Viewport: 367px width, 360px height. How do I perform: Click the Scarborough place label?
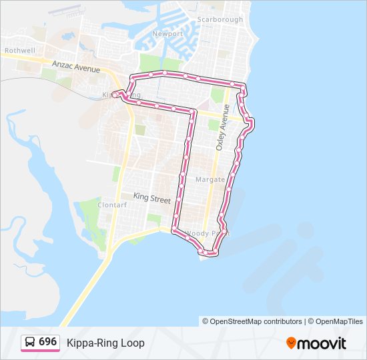click(220, 19)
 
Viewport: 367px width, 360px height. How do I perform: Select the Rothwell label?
click(20, 50)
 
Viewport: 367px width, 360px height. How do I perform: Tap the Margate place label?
click(210, 179)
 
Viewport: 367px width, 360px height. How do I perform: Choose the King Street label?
click(152, 197)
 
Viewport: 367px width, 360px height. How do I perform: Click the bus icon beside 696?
click(30, 342)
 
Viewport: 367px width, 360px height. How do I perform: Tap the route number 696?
click(47, 342)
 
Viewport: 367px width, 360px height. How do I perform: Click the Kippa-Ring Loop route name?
click(105, 343)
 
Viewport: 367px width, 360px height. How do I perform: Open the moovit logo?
click(316, 343)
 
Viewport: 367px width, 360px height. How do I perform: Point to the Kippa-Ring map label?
click(121, 95)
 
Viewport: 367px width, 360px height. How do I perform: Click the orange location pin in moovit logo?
click(290, 343)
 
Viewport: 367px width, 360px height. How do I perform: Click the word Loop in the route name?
click(133, 343)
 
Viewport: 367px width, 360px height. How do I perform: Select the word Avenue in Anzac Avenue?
click(87, 69)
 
